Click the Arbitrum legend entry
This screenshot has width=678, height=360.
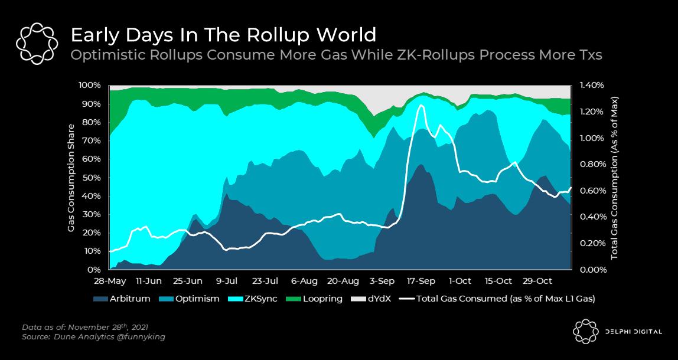click(125, 299)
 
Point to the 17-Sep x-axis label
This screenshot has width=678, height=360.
click(422, 280)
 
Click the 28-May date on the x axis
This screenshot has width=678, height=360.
click(110, 280)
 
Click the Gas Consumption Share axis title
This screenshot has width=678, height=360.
click(71, 177)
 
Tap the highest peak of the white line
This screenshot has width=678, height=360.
click(421, 106)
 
